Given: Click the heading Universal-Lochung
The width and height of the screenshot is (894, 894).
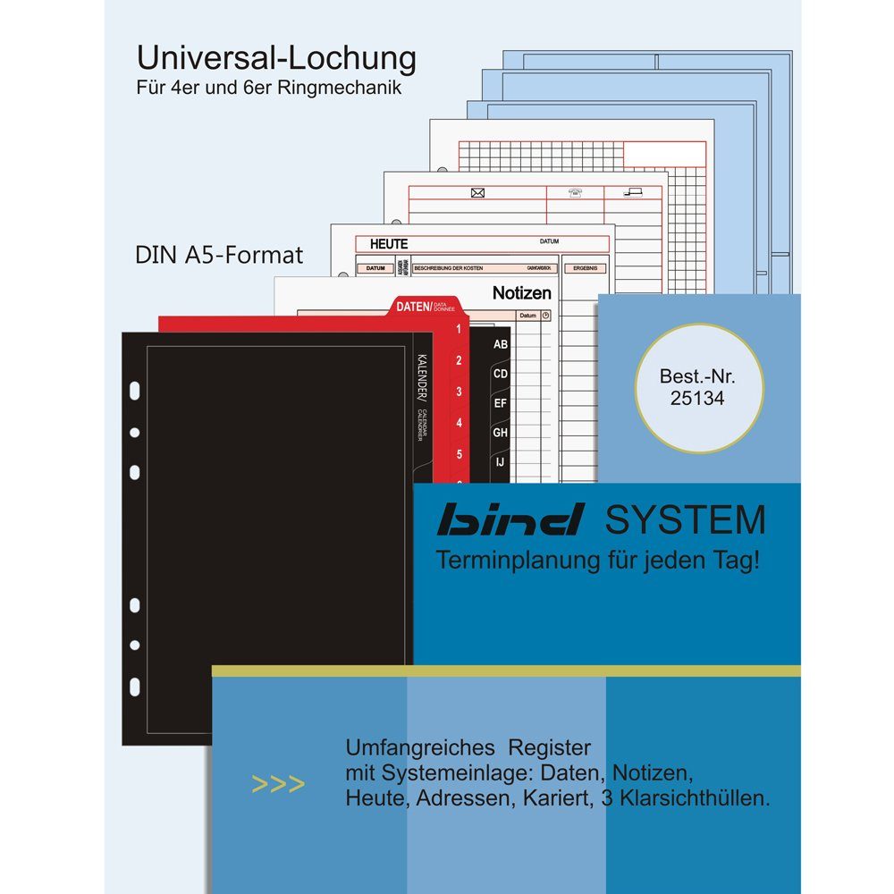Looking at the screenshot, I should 275,59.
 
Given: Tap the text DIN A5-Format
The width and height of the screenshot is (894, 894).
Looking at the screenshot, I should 219,255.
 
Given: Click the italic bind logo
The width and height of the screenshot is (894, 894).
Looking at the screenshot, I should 512,519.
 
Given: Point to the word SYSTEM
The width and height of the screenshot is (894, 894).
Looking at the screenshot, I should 684,519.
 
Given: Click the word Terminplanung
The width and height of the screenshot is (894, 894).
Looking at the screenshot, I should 505,561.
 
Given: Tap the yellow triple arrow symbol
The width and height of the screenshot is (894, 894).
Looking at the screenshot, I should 279,785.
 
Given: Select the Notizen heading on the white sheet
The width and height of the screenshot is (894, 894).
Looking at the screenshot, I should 522,293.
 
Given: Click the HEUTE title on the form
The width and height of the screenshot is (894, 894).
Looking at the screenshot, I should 388,244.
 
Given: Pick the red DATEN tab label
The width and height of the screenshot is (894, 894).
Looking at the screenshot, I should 413,307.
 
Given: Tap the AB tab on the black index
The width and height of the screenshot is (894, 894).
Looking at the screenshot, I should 501,344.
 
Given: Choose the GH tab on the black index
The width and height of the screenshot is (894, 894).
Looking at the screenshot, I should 501,432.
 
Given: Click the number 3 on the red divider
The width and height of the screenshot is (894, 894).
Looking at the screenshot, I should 458,392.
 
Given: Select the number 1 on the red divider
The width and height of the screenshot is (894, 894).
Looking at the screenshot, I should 458,330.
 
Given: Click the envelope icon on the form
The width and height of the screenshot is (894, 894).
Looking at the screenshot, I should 477,193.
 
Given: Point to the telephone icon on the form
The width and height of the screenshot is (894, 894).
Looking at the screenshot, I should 575,192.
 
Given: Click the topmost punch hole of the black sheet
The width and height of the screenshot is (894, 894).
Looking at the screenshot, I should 135,391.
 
